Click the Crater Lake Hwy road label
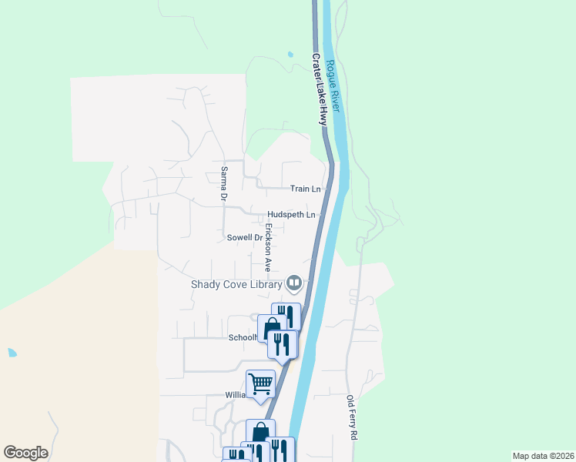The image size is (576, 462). click(x=320, y=89)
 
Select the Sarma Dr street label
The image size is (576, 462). click(x=223, y=183)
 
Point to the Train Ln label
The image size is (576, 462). click(x=305, y=189)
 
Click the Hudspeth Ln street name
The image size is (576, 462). click(x=292, y=214)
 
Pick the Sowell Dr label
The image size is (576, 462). click(x=245, y=238)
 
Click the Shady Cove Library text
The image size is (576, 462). click(x=236, y=284)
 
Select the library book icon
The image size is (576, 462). click(x=293, y=284)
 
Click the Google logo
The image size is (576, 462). click(x=25, y=453)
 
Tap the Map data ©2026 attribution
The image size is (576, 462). click(x=543, y=456)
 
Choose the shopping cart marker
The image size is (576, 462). click(x=260, y=383)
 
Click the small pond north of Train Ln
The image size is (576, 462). click(x=290, y=55)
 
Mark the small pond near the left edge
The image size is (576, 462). click(x=12, y=353)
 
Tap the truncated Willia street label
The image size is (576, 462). click(x=234, y=395)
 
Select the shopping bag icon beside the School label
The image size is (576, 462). click(x=271, y=330)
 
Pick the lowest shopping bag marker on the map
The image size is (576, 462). click(x=260, y=432)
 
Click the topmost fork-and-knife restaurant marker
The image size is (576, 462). click(x=286, y=315)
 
